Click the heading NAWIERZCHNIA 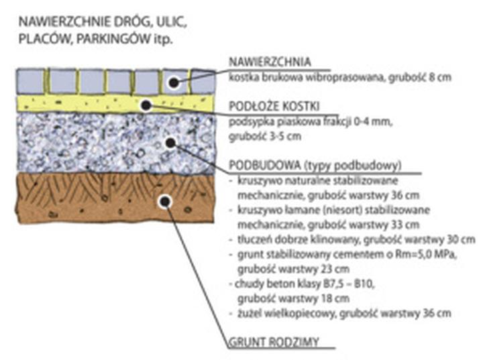(x=269, y=62)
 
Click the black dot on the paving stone (x=174, y=83)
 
